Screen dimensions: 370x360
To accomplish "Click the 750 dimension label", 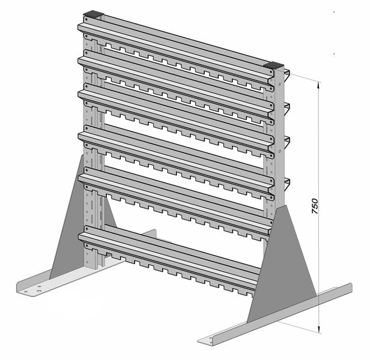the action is (315, 206).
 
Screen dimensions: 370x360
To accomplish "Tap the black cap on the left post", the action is (94, 14).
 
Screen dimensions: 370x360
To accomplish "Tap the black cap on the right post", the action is (274, 65).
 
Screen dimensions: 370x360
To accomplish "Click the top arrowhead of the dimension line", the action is (319, 85).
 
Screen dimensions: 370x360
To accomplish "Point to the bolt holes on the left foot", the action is (39, 289).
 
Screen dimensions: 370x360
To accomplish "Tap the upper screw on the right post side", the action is (280, 84).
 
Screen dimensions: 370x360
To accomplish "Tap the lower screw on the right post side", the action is (280, 151).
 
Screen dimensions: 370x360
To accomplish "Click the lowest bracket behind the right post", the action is (287, 184).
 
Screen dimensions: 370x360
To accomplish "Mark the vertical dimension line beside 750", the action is (319, 207).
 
